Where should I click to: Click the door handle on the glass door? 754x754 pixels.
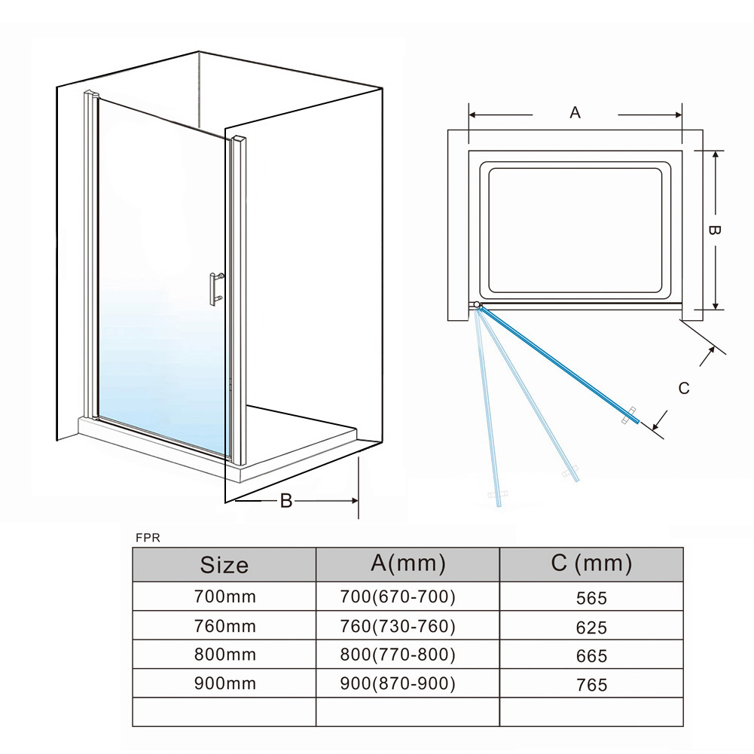tap(215, 289)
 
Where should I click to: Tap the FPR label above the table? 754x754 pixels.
tap(148, 538)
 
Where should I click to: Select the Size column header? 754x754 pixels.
tap(224, 564)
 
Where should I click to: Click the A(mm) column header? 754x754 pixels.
tap(408, 563)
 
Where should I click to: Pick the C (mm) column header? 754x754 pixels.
tap(591, 563)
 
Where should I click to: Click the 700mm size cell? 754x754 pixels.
tap(224, 597)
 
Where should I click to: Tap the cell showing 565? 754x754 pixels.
tap(591, 598)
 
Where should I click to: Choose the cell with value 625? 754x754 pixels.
tap(591, 627)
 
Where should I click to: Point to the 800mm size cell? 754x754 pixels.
tap(224, 655)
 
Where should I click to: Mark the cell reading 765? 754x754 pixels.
tap(591, 685)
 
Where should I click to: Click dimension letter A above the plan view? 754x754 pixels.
tap(575, 112)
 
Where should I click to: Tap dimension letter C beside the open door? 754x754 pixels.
tap(684, 388)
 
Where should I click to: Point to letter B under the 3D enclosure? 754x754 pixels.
tap(286, 501)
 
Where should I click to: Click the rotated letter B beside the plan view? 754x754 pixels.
tap(714, 230)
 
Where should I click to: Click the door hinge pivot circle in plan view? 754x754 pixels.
tap(477, 305)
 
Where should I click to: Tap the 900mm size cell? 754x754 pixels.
tap(224, 683)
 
